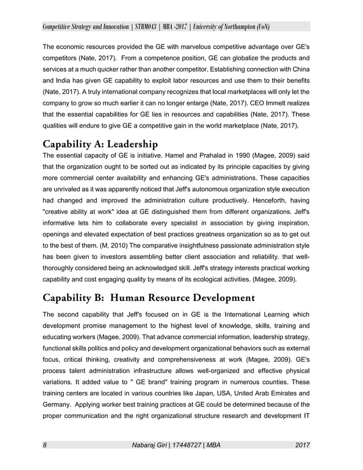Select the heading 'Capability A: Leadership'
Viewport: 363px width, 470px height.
[100, 145]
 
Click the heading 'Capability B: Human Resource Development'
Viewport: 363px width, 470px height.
[147, 298]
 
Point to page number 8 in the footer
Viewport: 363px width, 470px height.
[45, 444]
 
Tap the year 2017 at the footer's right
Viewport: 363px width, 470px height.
[303, 444]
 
